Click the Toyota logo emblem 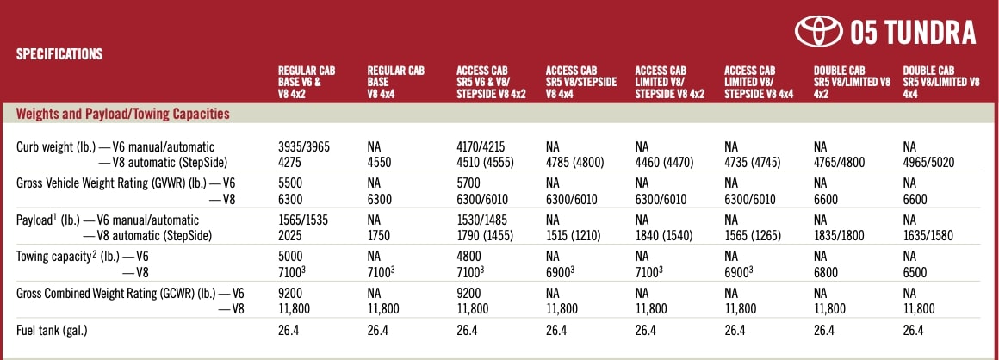pyautogui.click(x=819, y=32)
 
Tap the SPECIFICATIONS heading pyautogui.click(x=59, y=54)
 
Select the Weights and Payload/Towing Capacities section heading pyautogui.click(x=123, y=114)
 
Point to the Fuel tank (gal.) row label pyautogui.click(x=52, y=331)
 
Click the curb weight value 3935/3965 pyautogui.click(x=304, y=147)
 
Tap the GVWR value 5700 pyautogui.click(x=469, y=183)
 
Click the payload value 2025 pyautogui.click(x=290, y=235)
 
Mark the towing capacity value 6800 pyautogui.click(x=827, y=272)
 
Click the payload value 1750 pyautogui.click(x=380, y=235)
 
